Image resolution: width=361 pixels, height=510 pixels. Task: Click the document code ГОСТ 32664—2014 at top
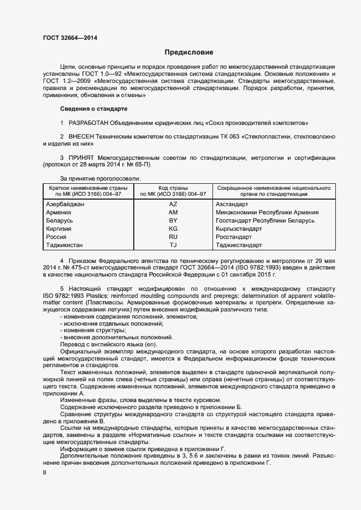coord(70,38)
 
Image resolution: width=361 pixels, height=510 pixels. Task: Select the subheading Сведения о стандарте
coord(93,109)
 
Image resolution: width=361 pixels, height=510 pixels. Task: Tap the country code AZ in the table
coord(173,204)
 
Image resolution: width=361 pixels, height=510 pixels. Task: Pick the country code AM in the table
coord(173,212)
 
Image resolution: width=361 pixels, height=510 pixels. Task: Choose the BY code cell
coord(173,220)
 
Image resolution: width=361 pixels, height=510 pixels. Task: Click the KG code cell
coord(173,229)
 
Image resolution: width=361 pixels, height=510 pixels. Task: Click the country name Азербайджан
coord(66,204)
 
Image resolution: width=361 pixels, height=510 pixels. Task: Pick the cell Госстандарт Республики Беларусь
coord(265,220)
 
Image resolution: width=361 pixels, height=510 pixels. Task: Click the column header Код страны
coord(173,187)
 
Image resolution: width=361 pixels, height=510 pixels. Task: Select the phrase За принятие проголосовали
coord(100,178)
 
